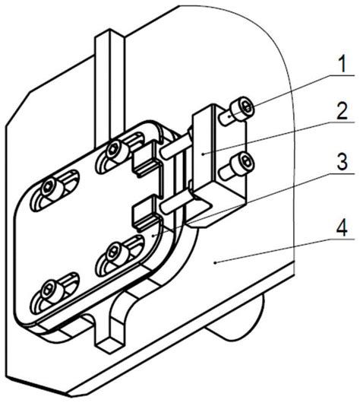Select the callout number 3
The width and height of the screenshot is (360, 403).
coord(343,161)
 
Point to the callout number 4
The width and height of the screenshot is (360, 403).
coord(343,227)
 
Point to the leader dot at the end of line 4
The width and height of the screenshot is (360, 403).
coord(216,262)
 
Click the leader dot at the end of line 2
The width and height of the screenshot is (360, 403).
coord(203,154)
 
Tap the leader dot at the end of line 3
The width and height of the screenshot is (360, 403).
coord(153,236)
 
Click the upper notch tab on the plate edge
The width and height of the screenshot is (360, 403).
coord(144,160)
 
